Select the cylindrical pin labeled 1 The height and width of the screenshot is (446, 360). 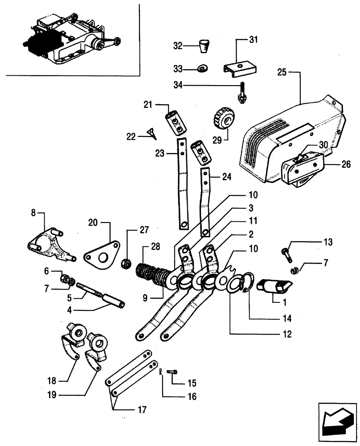[274, 286]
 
